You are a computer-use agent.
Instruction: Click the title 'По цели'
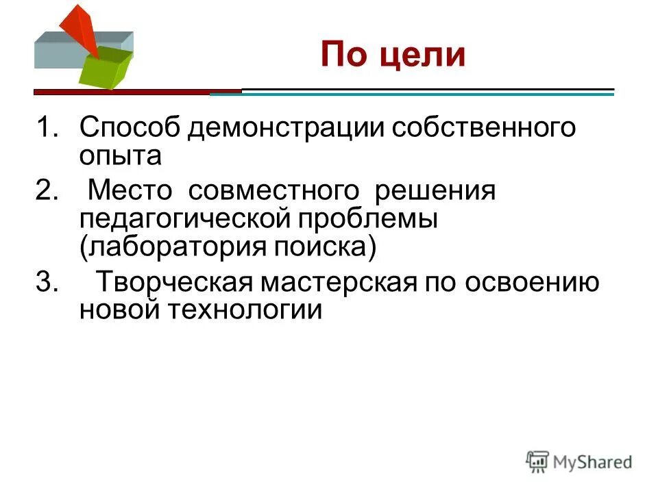tap(393, 55)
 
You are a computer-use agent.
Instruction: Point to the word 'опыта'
tap(120, 155)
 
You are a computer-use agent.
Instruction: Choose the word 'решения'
tap(433, 192)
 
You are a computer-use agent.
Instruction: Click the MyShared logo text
tap(592, 462)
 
